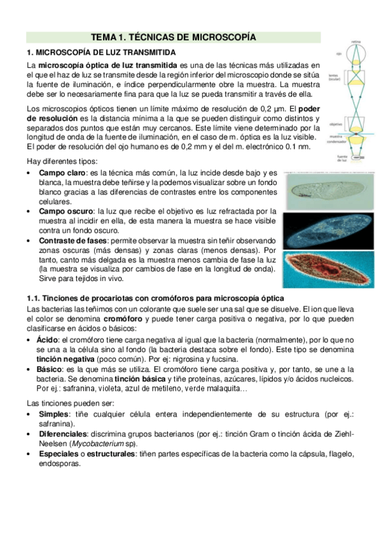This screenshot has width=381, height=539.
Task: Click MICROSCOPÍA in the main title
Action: click(221, 38)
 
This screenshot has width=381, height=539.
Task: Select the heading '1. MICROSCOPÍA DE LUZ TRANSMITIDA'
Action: click(101, 51)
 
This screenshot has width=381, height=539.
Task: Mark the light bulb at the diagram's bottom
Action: click(357, 156)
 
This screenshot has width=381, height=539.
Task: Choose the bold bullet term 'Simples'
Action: click(53, 414)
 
